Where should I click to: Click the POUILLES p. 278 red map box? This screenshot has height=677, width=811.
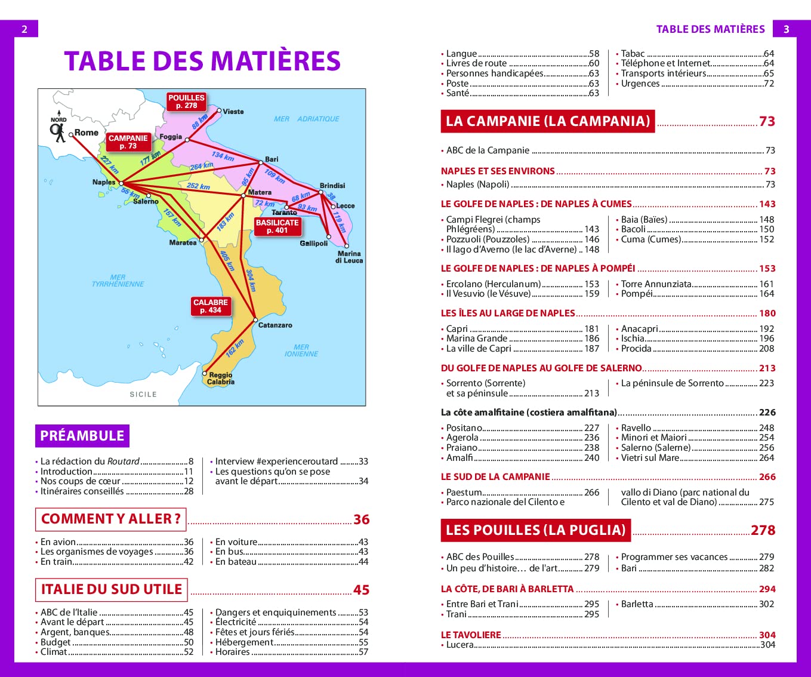click(x=186, y=101)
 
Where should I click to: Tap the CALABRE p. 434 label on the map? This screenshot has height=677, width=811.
click(x=210, y=306)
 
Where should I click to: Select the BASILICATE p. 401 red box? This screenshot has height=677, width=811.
click(x=277, y=226)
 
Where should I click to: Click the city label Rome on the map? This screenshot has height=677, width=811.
click(x=86, y=133)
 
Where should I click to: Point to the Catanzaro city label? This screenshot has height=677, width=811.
click(x=275, y=325)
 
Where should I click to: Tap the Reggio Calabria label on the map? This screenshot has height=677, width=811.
click(x=221, y=378)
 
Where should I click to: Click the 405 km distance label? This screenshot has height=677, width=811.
click(x=227, y=261)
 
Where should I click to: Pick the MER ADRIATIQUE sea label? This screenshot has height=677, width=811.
click(x=306, y=119)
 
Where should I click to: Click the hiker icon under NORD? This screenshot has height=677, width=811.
click(x=58, y=133)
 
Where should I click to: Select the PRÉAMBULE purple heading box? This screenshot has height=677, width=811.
click(x=82, y=436)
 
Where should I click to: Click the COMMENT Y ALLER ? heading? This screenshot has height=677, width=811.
click(x=111, y=519)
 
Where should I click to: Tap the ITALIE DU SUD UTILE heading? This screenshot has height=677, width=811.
click(x=112, y=589)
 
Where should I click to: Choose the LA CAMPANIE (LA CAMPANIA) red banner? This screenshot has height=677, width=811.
click(x=547, y=121)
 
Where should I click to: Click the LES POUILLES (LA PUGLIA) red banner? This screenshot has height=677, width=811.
click(x=535, y=530)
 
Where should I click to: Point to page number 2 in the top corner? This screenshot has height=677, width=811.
click(x=24, y=29)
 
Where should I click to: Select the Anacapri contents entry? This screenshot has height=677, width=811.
click(x=639, y=328)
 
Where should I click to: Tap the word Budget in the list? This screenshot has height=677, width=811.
click(x=55, y=642)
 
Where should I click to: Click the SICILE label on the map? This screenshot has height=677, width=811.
click(x=143, y=395)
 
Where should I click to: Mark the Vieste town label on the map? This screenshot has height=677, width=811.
click(x=233, y=112)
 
